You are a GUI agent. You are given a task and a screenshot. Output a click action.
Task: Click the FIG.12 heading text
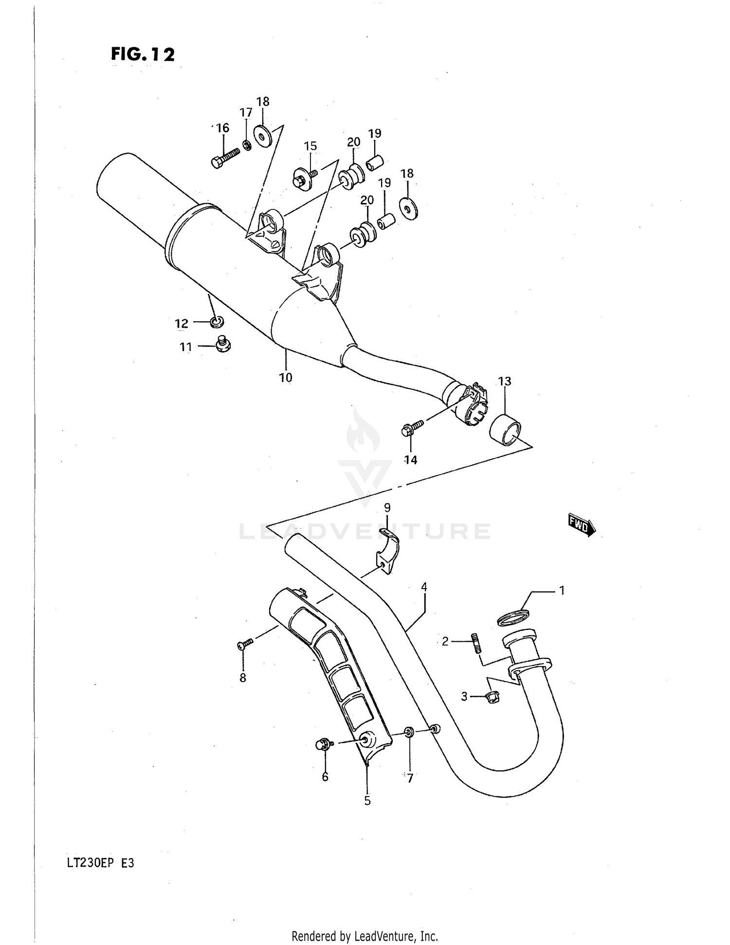coord(143,54)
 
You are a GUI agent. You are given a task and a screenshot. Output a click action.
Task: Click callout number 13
coord(504,381)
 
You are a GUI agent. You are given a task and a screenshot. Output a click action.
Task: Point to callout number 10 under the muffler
coord(286,377)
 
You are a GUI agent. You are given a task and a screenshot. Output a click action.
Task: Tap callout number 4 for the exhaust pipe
coord(424,587)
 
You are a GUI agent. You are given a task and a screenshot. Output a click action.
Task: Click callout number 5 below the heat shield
coord(367,800)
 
